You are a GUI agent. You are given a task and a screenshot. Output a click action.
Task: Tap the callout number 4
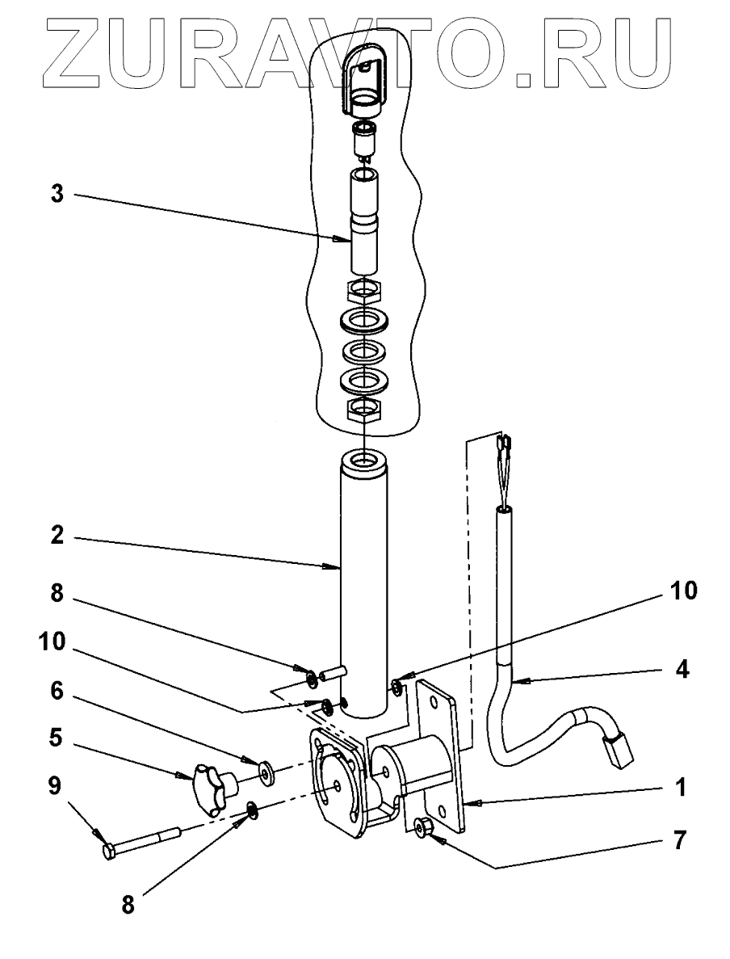682,670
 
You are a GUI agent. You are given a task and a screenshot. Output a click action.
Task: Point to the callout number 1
682,786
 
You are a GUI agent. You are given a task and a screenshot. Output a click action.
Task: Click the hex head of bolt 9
111,851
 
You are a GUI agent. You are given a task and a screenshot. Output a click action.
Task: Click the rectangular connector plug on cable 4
618,747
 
